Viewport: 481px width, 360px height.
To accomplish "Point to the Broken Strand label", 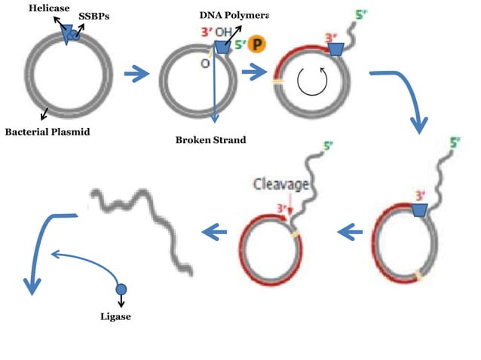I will (x=210, y=140).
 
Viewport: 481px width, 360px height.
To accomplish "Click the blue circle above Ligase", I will (x=121, y=289).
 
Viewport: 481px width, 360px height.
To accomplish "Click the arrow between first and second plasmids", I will (x=136, y=74).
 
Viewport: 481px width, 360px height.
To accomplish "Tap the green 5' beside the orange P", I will (x=239, y=44).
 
